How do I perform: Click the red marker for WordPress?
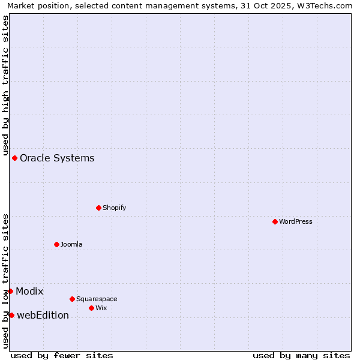pos(275,221)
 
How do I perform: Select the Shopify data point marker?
pos(98,208)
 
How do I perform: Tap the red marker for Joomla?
pos(56,244)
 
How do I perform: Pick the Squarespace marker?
pos(72,299)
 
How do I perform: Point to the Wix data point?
pos(91,308)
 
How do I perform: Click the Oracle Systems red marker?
pos(14,158)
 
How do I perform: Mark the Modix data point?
pos(10,291)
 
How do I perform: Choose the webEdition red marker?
pos(11,315)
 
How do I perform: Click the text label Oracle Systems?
pos(57,158)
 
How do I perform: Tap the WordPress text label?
pos(296,221)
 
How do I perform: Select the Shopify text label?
pos(114,208)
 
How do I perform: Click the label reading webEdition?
pos(43,316)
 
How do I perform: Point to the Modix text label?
pos(29,292)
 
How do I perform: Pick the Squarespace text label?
pos(97,299)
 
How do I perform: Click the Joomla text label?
pos(71,244)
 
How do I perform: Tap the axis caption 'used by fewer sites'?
pos(62,355)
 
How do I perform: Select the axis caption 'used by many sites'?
pos(301,355)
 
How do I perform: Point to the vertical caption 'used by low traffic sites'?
pos(5,280)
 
